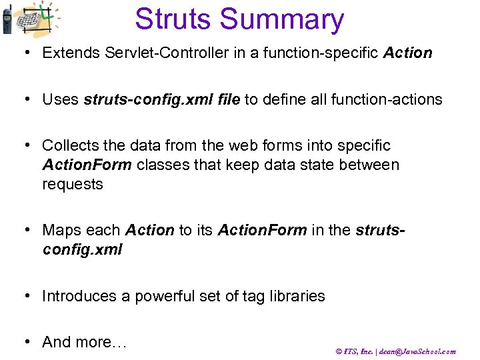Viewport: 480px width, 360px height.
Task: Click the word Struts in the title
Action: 177,19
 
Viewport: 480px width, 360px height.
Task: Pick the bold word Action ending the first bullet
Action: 407,53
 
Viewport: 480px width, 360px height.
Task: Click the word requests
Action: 73,185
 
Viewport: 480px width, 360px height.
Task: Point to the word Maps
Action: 60,231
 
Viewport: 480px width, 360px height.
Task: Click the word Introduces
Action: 79,296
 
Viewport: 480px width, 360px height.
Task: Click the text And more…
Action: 84,342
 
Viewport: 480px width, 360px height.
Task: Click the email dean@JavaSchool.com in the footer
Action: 417,351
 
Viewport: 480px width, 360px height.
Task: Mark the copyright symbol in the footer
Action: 338,351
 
